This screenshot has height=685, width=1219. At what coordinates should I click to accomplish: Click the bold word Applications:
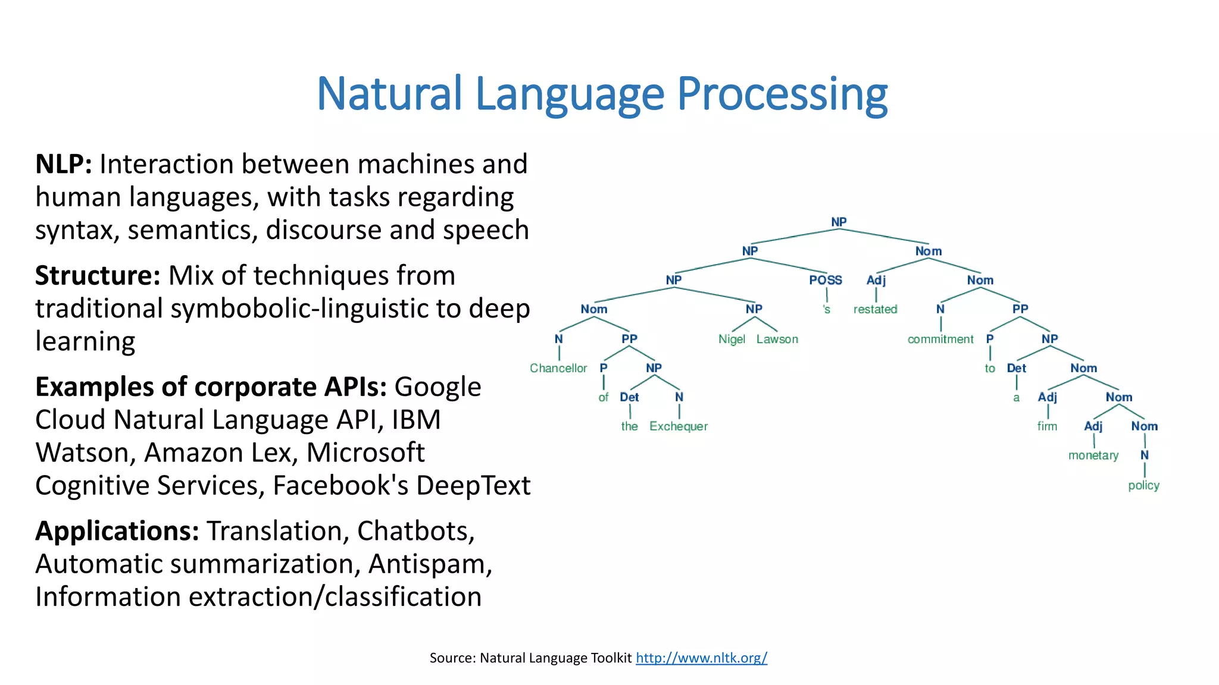tap(117, 531)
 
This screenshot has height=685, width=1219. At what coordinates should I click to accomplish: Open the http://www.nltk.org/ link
tap(701, 658)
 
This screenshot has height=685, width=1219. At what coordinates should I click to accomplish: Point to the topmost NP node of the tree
tap(839, 222)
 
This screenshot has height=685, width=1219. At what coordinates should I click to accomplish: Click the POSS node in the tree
tap(826, 280)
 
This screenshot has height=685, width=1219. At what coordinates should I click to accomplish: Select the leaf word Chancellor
tap(558, 368)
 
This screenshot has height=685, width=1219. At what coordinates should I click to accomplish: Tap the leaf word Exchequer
tap(679, 426)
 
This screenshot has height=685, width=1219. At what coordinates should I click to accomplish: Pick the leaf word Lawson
tap(777, 339)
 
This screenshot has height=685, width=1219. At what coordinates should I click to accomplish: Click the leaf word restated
tap(875, 309)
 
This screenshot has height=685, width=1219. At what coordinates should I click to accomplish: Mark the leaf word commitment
tap(940, 339)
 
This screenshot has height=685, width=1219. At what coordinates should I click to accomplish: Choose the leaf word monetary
tap(1093, 455)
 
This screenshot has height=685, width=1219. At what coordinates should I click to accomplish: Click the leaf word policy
tap(1143, 485)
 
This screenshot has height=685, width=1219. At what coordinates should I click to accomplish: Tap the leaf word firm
tap(1047, 426)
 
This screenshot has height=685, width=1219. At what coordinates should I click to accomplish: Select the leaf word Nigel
tap(732, 339)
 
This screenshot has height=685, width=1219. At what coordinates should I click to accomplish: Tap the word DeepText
tap(473, 486)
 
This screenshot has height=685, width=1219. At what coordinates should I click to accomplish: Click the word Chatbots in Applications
tap(415, 531)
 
